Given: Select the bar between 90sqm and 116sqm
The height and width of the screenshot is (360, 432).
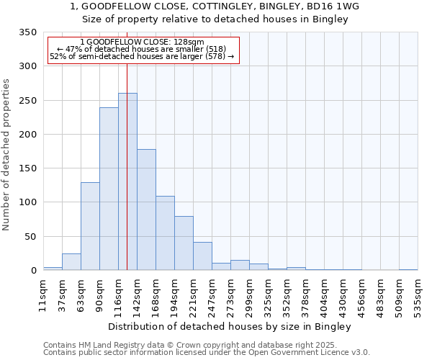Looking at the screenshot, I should (x=109, y=189).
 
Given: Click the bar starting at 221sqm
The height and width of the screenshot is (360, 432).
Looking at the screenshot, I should (x=202, y=256).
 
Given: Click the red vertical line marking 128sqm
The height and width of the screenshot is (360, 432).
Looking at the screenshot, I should (x=127, y=144).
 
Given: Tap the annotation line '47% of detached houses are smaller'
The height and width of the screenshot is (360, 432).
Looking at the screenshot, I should (x=141, y=49).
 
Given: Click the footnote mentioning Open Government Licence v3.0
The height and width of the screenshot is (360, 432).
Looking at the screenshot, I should (x=207, y=352).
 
